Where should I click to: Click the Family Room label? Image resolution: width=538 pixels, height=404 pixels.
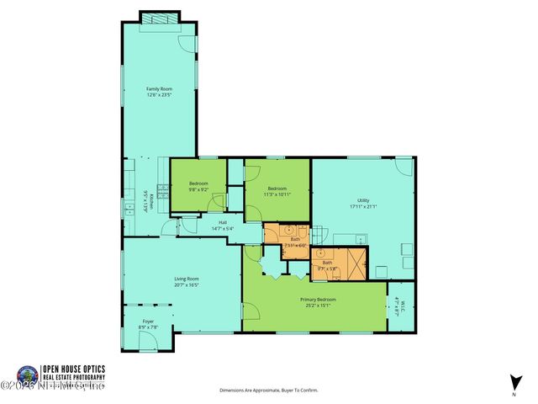coord(159,89)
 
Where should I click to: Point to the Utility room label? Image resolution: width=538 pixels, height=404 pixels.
coord(363,200)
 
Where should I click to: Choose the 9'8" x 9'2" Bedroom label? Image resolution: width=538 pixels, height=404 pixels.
coord(198,183)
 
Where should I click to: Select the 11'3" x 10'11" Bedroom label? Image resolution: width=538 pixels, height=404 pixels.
coord(278,189)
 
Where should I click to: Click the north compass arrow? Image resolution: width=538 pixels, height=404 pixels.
coord(513,381)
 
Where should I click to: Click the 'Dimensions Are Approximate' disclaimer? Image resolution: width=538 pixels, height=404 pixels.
coord(269,391)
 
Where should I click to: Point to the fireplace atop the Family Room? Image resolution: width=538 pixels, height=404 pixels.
coord(159,17)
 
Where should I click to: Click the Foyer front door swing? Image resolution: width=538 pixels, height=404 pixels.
coord(148,341)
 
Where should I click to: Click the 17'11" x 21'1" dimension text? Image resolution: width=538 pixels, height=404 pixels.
coord(363,207)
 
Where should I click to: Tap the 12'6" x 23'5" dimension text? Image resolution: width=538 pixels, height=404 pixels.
coord(159,96)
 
